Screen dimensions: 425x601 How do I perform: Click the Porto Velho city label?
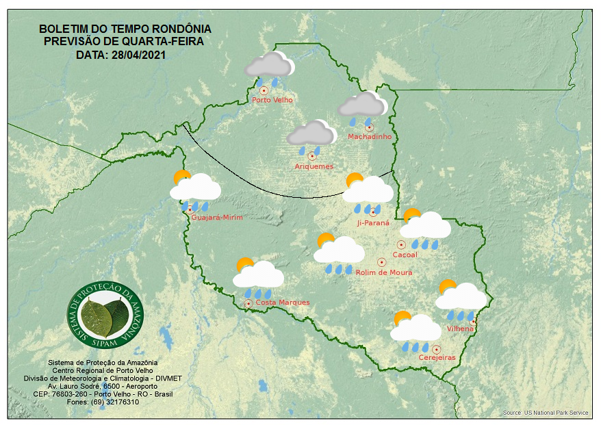tap(272, 100)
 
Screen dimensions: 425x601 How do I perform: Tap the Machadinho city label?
tap(370, 137)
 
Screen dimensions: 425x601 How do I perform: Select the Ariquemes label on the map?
tap(314, 166)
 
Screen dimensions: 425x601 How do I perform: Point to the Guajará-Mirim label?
tap(217, 218)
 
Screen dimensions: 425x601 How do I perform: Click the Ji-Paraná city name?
tap(373, 223)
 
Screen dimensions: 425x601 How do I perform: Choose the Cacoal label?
tap(405, 255)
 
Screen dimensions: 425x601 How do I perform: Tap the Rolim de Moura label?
tap(384, 272)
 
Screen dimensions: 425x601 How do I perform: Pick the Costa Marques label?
tap(283, 302)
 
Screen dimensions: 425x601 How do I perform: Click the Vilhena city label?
tap(460, 329)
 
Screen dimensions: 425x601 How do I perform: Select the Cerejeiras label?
tap(437, 358)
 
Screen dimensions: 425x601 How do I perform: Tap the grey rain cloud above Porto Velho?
tap(269, 65)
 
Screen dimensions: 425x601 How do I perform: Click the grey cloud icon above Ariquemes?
tap(311, 133)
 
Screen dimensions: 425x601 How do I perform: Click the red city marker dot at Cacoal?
tap(402, 244)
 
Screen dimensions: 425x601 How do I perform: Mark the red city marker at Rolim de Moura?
tap(382, 262)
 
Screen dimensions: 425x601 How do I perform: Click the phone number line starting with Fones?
tap(103, 402)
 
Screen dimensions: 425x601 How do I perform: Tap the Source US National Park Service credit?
tap(546, 413)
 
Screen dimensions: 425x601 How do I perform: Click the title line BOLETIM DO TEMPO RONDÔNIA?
tap(125, 29)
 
